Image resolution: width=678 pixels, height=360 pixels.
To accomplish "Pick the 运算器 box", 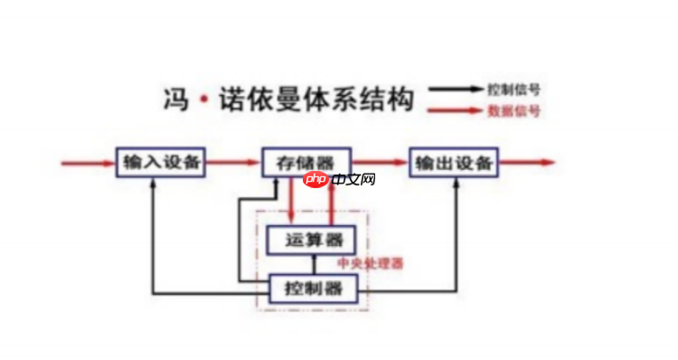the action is click(x=310, y=240).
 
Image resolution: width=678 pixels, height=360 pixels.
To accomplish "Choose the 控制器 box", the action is click(x=315, y=289).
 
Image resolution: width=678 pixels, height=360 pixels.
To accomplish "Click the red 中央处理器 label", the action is click(x=370, y=263).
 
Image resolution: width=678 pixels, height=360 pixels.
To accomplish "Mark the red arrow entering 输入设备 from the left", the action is click(x=87, y=164).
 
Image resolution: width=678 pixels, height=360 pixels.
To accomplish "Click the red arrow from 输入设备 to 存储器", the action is click(x=233, y=164).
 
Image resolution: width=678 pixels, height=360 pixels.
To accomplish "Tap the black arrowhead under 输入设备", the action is click(x=154, y=182).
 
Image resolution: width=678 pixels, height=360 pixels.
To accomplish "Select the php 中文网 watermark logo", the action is click(x=340, y=179).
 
